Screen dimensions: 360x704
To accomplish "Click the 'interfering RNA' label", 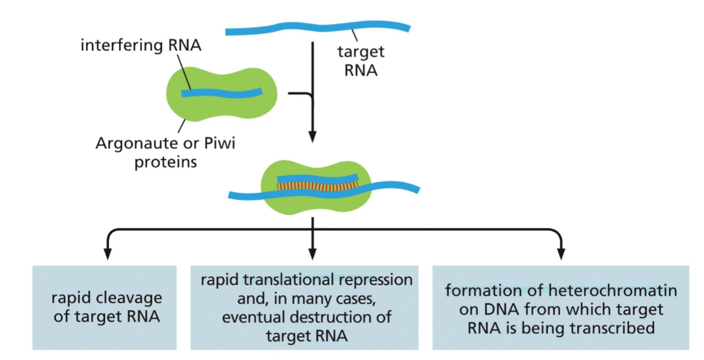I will (x=141, y=45).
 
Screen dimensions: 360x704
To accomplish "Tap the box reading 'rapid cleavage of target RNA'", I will (x=105, y=307).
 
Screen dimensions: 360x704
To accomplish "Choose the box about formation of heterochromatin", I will (x=560, y=307).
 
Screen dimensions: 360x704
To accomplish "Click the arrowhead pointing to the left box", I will (x=108, y=254).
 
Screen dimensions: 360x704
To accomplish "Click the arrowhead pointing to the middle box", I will (x=312, y=254).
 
